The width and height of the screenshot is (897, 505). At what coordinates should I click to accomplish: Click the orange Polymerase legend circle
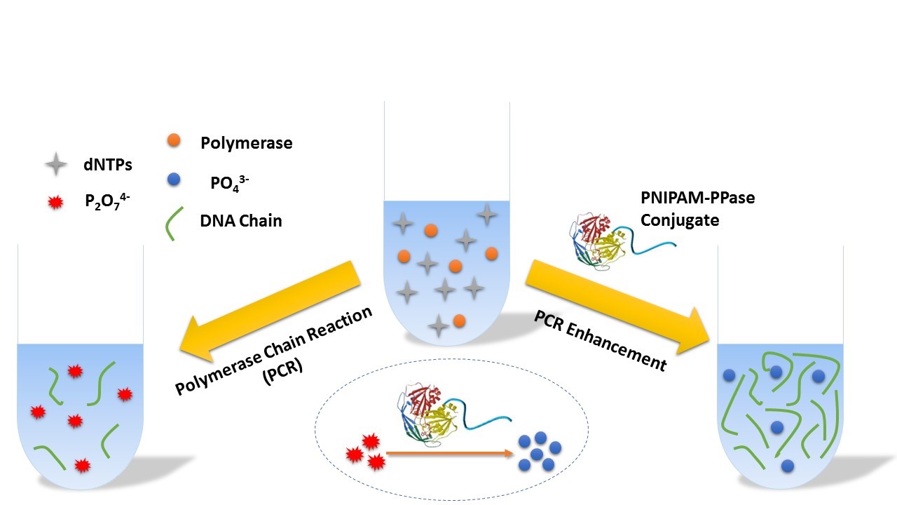click(174, 141)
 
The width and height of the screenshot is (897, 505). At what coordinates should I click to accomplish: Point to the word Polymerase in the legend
click(246, 144)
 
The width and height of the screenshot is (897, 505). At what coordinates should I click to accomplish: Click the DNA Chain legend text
click(241, 221)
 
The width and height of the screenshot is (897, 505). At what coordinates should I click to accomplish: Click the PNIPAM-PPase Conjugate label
click(697, 209)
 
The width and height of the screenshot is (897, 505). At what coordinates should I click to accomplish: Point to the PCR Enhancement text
click(599, 340)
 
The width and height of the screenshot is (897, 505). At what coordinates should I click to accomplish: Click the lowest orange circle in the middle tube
click(459, 321)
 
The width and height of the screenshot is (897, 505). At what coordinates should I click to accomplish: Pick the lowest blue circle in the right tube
click(788, 464)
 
